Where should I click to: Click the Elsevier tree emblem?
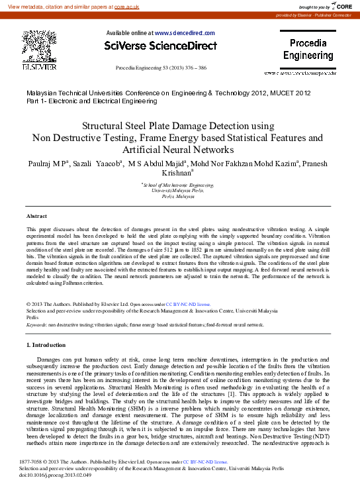click(x=40, y=47)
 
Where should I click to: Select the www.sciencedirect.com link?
click(x=185, y=32)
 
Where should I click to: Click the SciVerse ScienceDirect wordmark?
click(x=161, y=46)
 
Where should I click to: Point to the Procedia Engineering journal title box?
click(x=308, y=50)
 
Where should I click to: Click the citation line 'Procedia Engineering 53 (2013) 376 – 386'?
click(x=161, y=68)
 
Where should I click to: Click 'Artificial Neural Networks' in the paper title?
click(x=177, y=150)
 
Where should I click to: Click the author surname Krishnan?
click(x=173, y=173)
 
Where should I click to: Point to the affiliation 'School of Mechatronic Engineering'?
click(x=178, y=185)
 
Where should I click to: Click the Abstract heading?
click(x=36, y=217)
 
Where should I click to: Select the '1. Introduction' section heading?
click(x=50, y=346)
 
